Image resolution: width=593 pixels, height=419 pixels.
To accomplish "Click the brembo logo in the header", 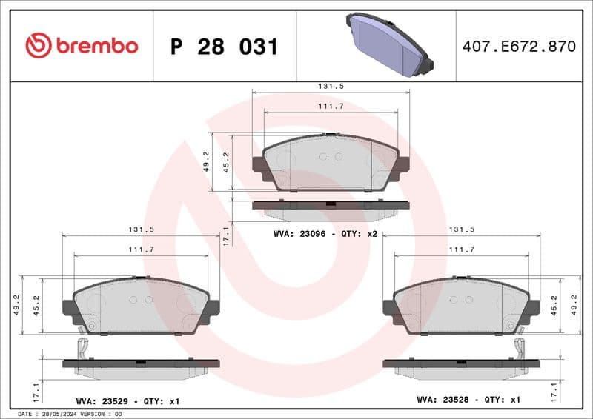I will point(82,46).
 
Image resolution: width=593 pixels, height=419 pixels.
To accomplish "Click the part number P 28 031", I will point(224,47).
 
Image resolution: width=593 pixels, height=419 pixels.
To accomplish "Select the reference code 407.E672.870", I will point(518,47).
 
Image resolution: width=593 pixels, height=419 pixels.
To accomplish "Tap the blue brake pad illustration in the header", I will point(388,44).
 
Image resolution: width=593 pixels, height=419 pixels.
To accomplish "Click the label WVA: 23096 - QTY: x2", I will point(325,233).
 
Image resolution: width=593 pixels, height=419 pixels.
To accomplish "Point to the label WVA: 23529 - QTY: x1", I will point(127,400).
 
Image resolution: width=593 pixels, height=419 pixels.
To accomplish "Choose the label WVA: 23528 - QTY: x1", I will point(468,400).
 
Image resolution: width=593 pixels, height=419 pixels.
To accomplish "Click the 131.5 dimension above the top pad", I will point(330,86).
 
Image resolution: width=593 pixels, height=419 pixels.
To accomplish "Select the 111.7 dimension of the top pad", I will point(330,107).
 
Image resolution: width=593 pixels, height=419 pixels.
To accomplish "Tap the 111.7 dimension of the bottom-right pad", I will point(461,249).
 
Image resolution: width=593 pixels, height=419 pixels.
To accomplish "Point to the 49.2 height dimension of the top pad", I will point(207,161).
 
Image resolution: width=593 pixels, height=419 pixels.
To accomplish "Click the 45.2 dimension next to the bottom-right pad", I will point(554,305).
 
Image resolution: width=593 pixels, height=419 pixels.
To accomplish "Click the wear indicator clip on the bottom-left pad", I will point(84,347).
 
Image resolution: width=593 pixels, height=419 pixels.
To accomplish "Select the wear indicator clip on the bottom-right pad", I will point(520,347).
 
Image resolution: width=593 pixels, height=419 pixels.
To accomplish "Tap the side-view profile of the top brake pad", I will point(330,208).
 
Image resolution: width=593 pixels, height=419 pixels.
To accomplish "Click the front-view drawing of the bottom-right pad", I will point(461,306).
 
